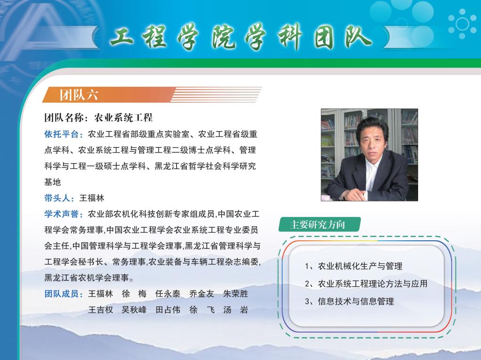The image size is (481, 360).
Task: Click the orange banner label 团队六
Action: [79, 95]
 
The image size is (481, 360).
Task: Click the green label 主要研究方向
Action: [318, 224]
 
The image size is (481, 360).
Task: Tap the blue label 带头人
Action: [57, 198]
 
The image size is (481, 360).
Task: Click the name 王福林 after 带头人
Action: [92, 198]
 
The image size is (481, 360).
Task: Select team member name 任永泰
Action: [168, 294]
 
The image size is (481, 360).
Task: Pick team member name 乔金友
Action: [202, 294]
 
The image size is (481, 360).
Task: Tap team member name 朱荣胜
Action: [236, 294]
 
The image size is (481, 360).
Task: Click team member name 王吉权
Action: [101, 310]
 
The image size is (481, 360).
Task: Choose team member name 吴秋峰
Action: [134, 310]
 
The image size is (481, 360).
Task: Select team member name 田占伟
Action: [168, 310]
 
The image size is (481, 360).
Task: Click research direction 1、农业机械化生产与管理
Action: [353, 266]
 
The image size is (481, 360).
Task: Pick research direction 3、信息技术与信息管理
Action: [349, 301]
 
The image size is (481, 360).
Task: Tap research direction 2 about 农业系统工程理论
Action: [366, 284]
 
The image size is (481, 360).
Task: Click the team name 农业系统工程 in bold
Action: [124, 117]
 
